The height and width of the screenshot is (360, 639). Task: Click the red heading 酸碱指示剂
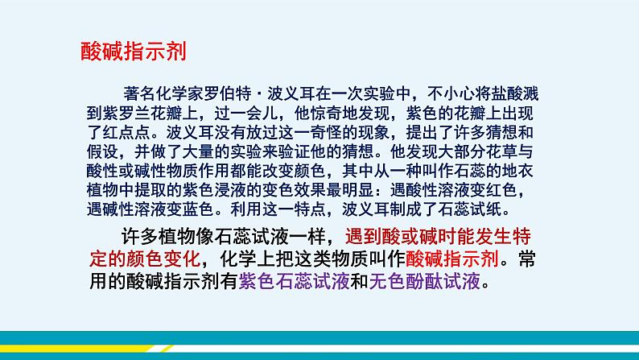pos(134,52)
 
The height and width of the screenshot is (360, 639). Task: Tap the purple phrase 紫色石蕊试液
pos(294,281)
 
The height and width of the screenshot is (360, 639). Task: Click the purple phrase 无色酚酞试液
pos(425,281)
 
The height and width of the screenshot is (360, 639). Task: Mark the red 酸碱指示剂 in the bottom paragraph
pos(452,259)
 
